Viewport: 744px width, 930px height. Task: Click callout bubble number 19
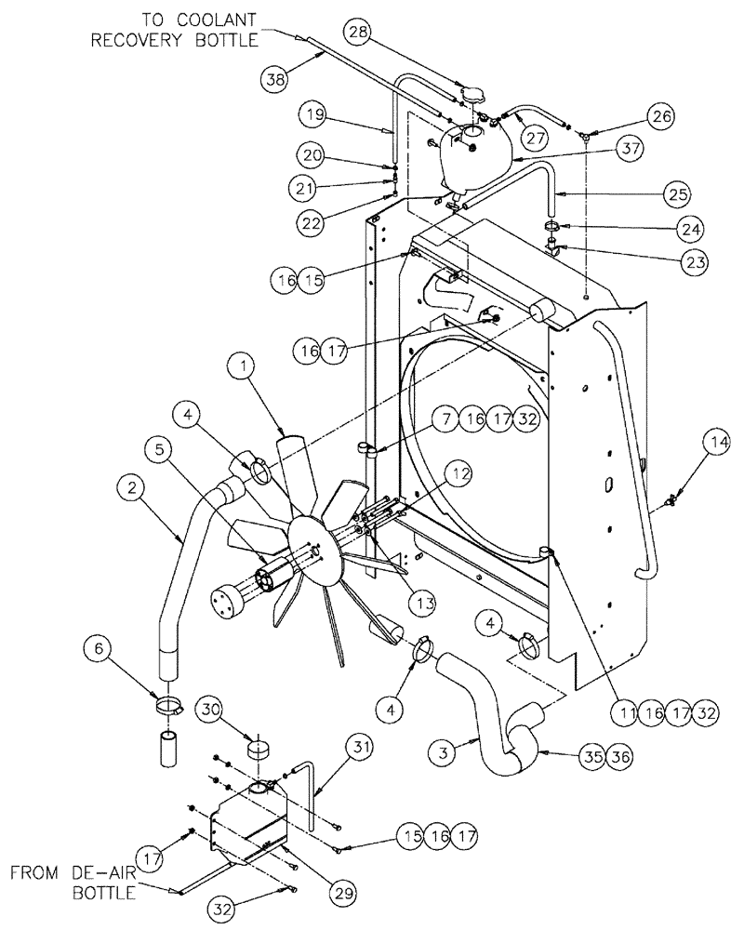coord(313,115)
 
